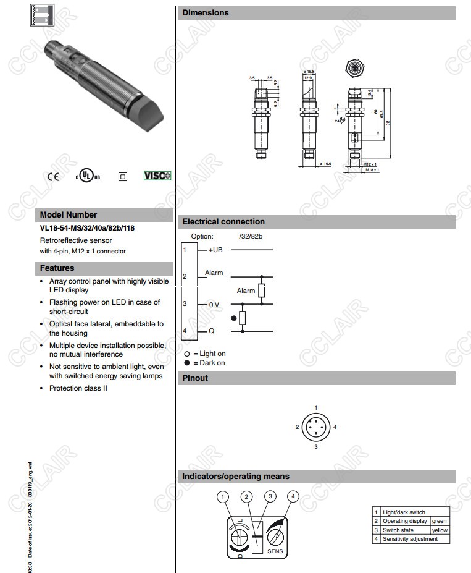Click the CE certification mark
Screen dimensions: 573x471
tap(53, 176)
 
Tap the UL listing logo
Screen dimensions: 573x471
tap(88, 176)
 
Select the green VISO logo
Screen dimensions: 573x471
tap(157, 176)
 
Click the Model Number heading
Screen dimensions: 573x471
tap(69, 215)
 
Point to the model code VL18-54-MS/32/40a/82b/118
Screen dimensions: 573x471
tap(87, 228)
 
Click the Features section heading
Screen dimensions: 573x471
tap(57, 268)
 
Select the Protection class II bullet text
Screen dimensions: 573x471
tap(78, 388)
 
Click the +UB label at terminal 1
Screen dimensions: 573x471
tap(215, 250)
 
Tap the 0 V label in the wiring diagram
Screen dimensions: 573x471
tap(214, 305)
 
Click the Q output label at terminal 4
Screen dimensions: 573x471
tap(212, 332)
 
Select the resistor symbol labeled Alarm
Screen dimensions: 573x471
tap(262, 291)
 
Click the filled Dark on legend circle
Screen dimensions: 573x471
tap(187, 363)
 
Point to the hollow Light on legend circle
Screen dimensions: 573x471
tap(187, 354)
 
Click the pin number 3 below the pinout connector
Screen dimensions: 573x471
tap(315, 446)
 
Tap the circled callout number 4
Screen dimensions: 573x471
tap(294, 496)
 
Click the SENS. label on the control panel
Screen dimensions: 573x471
tap(275, 550)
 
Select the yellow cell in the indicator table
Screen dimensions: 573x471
tap(440, 530)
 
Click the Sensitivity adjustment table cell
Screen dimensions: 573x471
tap(410, 539)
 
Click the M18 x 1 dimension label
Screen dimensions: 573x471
tap(372, 169)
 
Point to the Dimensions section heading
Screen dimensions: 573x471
tap(206, 12)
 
